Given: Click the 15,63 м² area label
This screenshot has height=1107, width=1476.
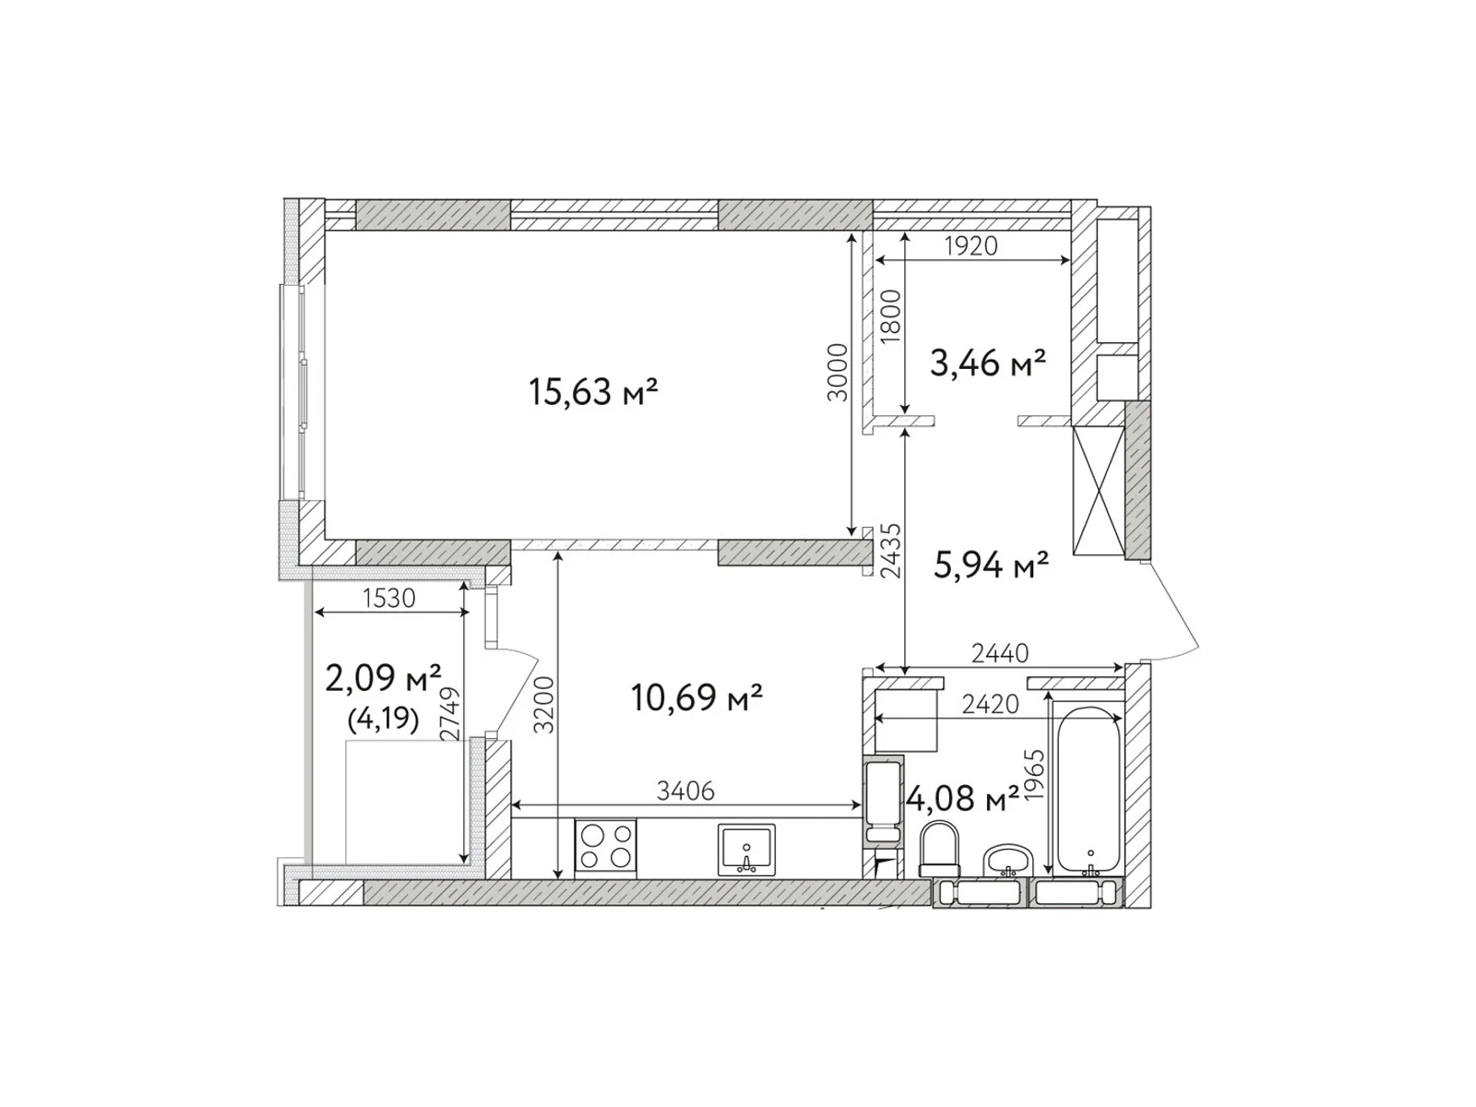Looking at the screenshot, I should click(592, 392).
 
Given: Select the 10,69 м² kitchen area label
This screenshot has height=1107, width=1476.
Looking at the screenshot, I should click(696, 696).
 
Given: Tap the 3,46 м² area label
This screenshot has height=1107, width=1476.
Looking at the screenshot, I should click(987, 363).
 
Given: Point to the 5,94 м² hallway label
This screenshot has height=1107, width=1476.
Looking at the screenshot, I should click(991, 565).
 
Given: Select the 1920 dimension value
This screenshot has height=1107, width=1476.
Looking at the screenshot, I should click(971, 246).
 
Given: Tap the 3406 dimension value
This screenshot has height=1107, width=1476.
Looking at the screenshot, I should click(685, 791).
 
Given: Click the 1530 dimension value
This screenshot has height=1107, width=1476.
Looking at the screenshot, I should click(388, 598).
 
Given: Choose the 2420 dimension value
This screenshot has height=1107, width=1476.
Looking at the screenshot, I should click(990, 705).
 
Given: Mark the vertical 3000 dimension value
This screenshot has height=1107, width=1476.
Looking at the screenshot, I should click(837, 372).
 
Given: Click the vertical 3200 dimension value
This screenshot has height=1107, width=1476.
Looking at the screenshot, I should click(545, 705).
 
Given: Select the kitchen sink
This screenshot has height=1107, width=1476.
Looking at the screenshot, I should click(746, 850).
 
